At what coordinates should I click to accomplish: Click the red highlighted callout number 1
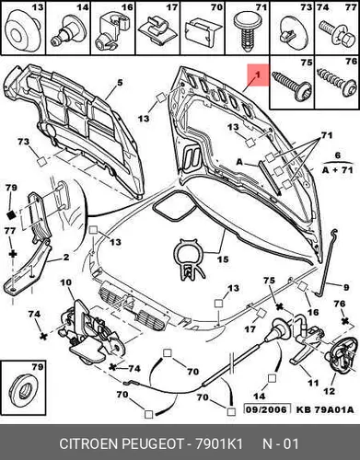[258, 75]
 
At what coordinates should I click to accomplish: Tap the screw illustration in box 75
[292, 86]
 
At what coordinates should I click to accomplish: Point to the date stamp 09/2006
[267, 409]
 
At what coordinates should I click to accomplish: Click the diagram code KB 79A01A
[325, 409]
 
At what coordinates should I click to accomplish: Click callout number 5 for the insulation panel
[120, 83]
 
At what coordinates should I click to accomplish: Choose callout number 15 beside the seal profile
[223, 259]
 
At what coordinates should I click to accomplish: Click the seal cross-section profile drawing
[190, 259]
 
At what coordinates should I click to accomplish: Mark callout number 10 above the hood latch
[66, 282]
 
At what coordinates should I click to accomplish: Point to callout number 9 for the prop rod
[346, 288]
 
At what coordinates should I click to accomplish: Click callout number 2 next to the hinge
[66, 257]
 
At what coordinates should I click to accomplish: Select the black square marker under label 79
[11, 215]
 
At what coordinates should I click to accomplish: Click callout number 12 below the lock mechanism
[329, 391]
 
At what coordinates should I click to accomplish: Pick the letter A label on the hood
[239, 162]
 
